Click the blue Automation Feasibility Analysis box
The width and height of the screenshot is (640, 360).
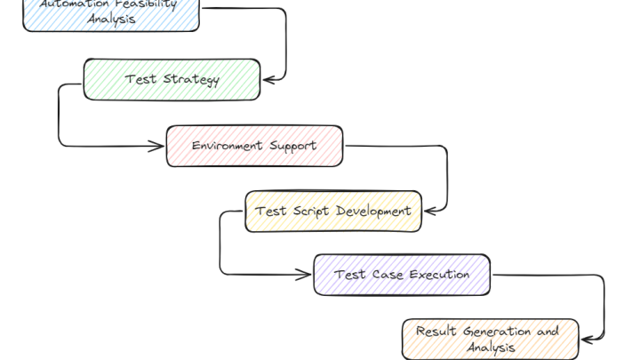point(110,13)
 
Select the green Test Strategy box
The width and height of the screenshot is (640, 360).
point(172,79)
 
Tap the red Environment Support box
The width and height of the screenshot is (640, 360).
point(254,146)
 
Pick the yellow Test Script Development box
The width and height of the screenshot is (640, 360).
point(333,212)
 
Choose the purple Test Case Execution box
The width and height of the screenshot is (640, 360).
point(402,275)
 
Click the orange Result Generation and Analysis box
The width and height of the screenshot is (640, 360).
point(490,340)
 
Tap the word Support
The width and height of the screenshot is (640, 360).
point(292,146)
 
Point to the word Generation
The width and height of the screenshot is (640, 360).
point(500,332)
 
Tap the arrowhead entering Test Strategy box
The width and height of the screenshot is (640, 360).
point(266,79)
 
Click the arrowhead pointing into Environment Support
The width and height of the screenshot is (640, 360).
point(161,146)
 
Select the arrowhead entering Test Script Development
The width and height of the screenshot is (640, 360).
point(428,212)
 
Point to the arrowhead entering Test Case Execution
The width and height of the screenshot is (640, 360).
point(308,274)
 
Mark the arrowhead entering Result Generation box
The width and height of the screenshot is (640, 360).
point(584,340)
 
